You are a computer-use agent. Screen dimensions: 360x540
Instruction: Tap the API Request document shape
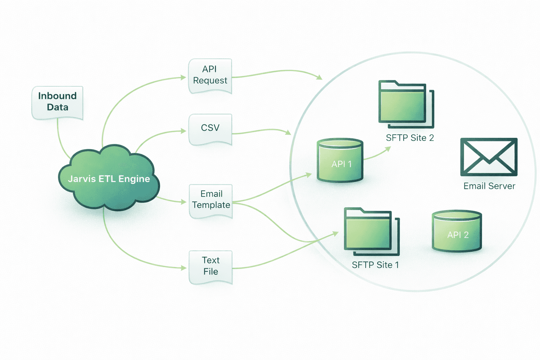[x=210, y=75]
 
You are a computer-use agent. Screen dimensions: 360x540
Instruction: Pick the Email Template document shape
[x=211, y=200]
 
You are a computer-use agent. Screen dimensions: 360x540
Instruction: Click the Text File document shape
[x=211, y=266]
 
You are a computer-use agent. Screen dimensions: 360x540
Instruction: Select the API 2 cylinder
[x=457, y=232]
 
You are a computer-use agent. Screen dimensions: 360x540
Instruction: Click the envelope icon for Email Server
[x=489, y=157]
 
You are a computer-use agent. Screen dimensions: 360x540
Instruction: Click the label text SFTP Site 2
[x=410, y=138]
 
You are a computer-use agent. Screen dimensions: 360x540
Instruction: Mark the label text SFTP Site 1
[x=375, y=265]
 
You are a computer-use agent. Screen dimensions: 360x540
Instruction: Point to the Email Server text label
[x=489, y=186]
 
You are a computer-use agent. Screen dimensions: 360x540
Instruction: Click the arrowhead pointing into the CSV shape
[x=184, y=131]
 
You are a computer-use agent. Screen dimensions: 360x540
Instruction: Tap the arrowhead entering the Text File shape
[x=184, y=268]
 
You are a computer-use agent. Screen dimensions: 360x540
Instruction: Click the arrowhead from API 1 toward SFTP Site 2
[x=388, y=149]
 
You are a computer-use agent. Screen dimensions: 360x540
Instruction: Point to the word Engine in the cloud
[x=134, y=179]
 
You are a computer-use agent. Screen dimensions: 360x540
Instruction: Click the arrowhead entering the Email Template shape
[x=184, y=202]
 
